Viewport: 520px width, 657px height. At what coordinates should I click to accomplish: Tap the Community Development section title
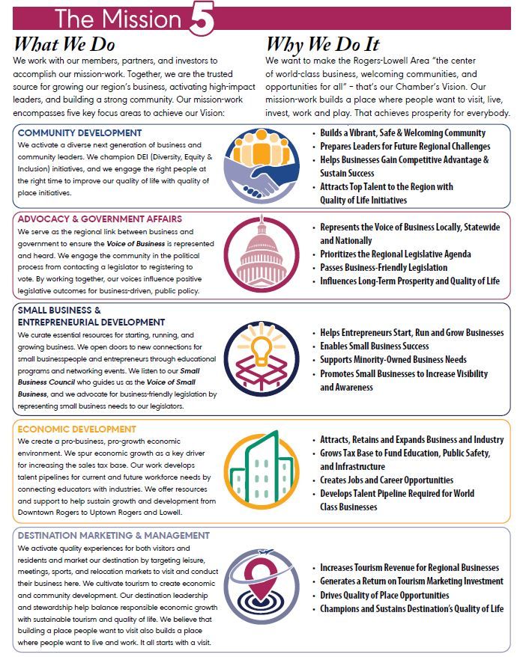click(x=72, y=133)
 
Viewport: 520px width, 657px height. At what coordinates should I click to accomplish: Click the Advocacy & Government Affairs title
click(x=100, y=219)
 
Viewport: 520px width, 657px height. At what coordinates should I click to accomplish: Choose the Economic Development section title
click(x=77, y=430)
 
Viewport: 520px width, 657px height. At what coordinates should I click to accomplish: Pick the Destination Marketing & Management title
click(x=113, y=536)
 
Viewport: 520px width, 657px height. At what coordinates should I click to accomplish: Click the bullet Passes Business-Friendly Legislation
click(x=384, y=268)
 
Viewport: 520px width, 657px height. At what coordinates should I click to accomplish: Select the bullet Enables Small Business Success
click(x=375, y=346)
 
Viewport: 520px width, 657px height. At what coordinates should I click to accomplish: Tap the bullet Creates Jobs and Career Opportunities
click(x=387, y=480)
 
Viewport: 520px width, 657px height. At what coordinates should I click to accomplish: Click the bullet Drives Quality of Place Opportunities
click(x=384, y=596)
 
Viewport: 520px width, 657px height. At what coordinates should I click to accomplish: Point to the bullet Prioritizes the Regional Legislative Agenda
click(x=396, y=254)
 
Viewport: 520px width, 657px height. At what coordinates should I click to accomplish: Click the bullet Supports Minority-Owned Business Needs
click(x=393, y=360)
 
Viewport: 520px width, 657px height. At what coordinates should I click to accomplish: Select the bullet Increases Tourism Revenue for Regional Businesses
click(x=409, y=568)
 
